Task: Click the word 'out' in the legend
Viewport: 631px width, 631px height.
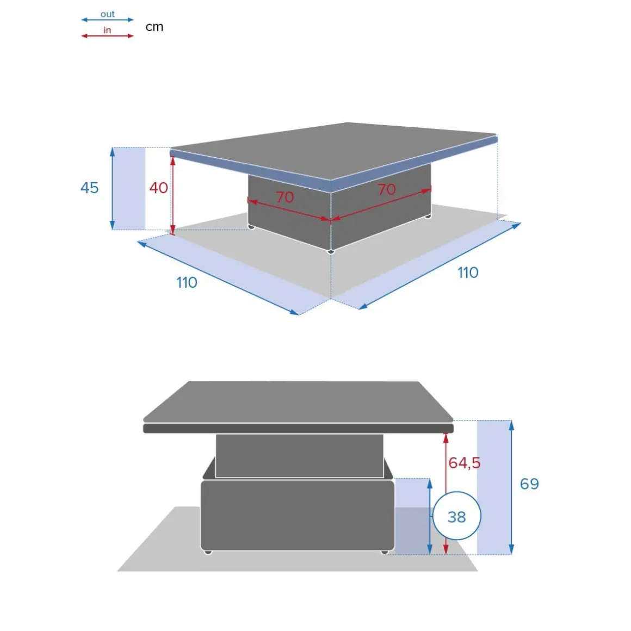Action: click(108, 14)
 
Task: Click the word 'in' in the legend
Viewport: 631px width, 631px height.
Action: click(107, 30)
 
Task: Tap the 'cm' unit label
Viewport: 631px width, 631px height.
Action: click(154, 27)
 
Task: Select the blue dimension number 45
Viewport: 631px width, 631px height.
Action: click(89, 188)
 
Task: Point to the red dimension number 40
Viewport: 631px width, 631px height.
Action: click(158, 188)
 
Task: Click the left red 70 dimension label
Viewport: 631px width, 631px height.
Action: click(285, 197)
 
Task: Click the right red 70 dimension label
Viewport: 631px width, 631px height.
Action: click(387, 189)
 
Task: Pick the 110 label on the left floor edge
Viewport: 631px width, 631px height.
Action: click(187, 282)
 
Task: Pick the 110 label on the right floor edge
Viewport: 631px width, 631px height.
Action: click(468, 273)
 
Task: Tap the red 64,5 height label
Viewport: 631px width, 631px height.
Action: click(465, 463)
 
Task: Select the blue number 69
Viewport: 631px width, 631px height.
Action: click(529, 484)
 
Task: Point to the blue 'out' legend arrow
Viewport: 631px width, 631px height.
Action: click(108, 20)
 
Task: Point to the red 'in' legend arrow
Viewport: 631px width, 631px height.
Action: click(108, 36)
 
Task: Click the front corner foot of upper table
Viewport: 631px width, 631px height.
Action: click(331, 252)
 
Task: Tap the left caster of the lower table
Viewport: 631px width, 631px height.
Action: click(208, 552)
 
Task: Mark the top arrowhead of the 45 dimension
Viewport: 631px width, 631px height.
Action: click(113, 152)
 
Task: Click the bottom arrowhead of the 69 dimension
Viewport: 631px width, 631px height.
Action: click(511, 549)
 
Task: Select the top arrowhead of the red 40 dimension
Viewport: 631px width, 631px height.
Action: click(172, 160)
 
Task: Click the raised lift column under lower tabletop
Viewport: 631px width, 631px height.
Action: click(299, 456)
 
